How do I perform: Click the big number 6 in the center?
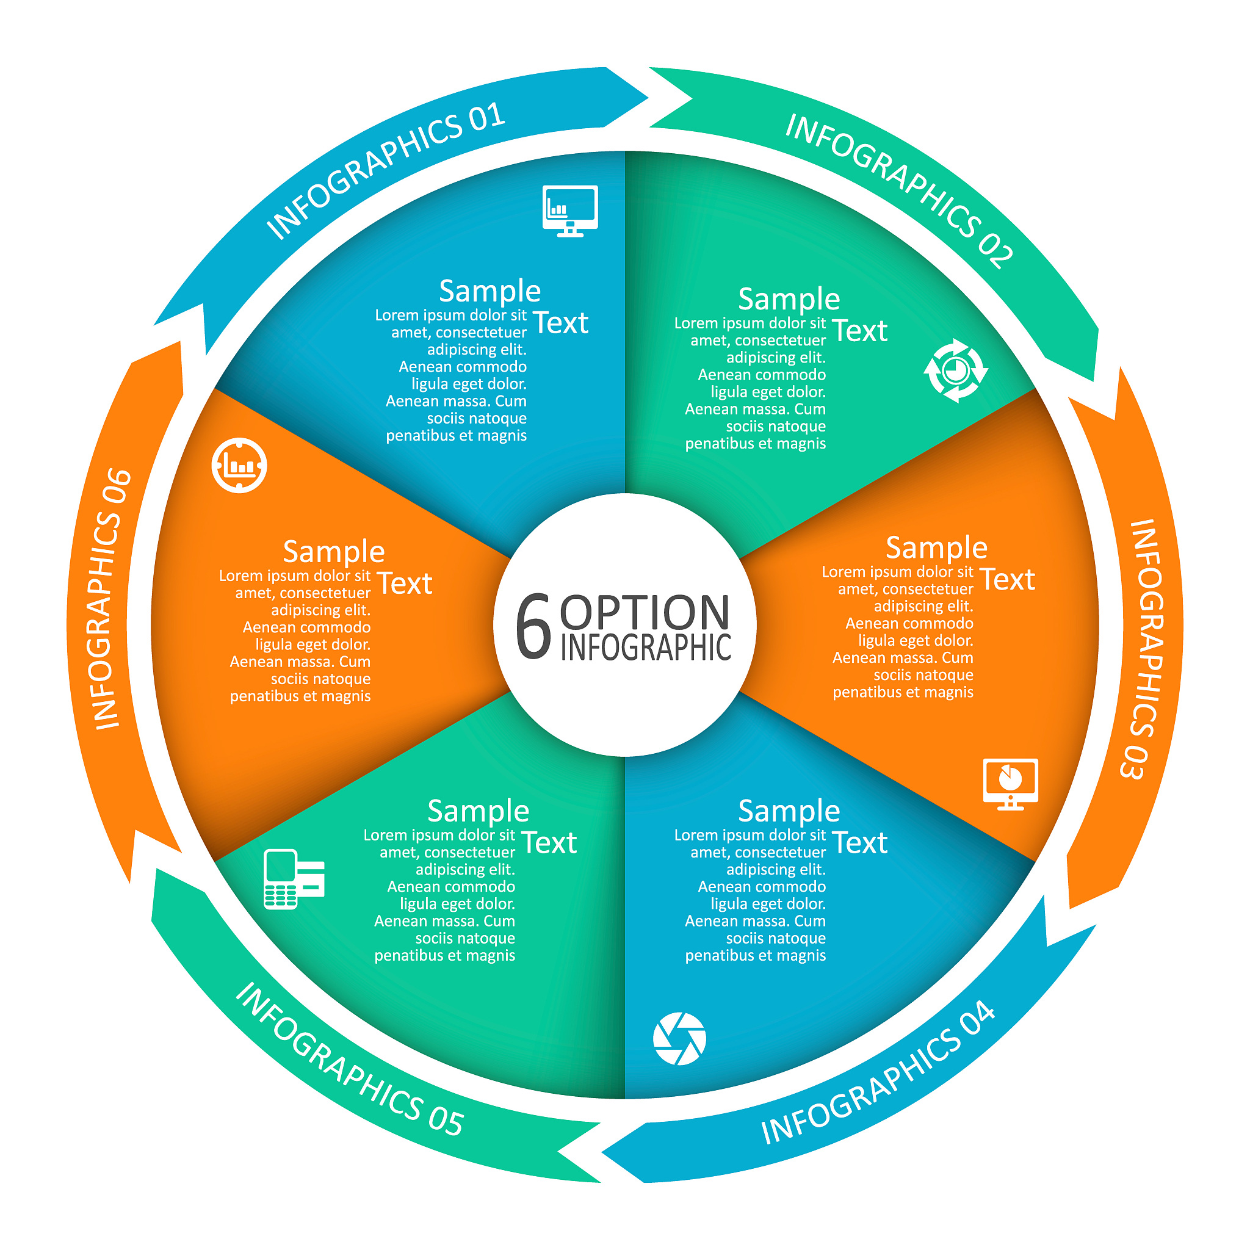tap(533, 626)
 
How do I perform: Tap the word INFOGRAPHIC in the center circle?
tap(646, 647)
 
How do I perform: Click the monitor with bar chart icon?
tap(570, 211)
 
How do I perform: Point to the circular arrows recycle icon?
tap(956, 370)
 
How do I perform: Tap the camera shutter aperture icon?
tap(679, 1038)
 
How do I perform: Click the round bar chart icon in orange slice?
tap(239, 465)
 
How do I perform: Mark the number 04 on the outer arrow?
tap(978, 1020)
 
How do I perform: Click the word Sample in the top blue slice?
tap(490, 291)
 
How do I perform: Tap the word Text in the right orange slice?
tap(1007, 579)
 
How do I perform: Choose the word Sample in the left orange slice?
tap(334, 552)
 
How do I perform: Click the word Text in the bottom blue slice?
tap(860, 842)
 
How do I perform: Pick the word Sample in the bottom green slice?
tap(478, 811)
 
